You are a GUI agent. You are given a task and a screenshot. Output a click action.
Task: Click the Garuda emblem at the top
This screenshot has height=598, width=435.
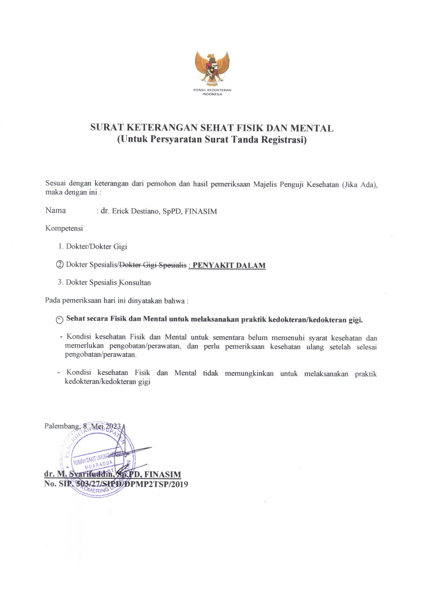point(212,67)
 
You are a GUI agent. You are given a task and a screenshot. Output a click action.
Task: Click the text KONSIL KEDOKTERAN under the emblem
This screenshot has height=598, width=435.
point(212,90)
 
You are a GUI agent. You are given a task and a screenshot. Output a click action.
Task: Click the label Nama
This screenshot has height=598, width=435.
point(55,210)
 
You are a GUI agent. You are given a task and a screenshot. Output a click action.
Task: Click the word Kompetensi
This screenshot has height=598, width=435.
point(64,228)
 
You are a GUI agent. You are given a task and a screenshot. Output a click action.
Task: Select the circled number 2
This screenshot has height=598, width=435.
point(60,265)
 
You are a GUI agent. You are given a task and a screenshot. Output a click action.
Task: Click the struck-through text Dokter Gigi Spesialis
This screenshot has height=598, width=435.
point(153,265)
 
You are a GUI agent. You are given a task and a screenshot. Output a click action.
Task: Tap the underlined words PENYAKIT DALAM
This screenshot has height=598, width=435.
point(229,265)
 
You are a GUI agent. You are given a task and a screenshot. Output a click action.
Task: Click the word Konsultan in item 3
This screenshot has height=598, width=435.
point(135,282)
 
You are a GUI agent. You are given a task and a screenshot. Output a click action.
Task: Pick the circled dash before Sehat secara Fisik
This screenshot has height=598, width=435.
point(60,320)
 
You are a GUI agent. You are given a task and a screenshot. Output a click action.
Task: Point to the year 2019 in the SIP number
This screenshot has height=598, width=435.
point(178,484)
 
